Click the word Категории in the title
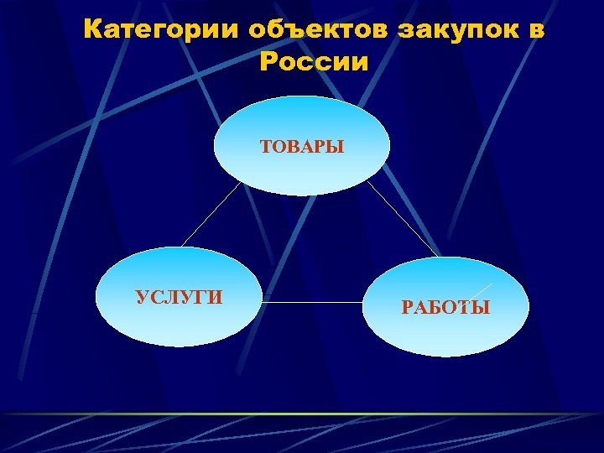point(163,30)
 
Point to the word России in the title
point(314,62)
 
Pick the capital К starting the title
point(94,30)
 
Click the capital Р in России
point(269,62)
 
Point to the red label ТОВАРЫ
point(302,148)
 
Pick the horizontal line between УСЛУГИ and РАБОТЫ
point(313,302)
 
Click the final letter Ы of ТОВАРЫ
point(336,148)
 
